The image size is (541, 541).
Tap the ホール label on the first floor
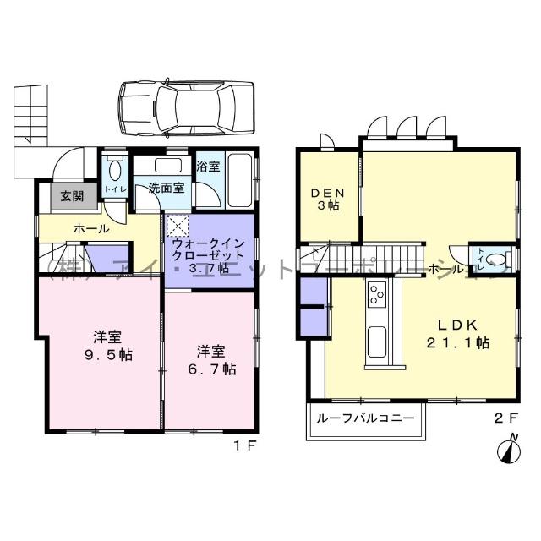pos(91,228)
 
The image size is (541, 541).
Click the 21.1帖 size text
pos(460,343)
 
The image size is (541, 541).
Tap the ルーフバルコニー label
pos(365,418)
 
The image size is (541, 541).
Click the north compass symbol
pos(510,448)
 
